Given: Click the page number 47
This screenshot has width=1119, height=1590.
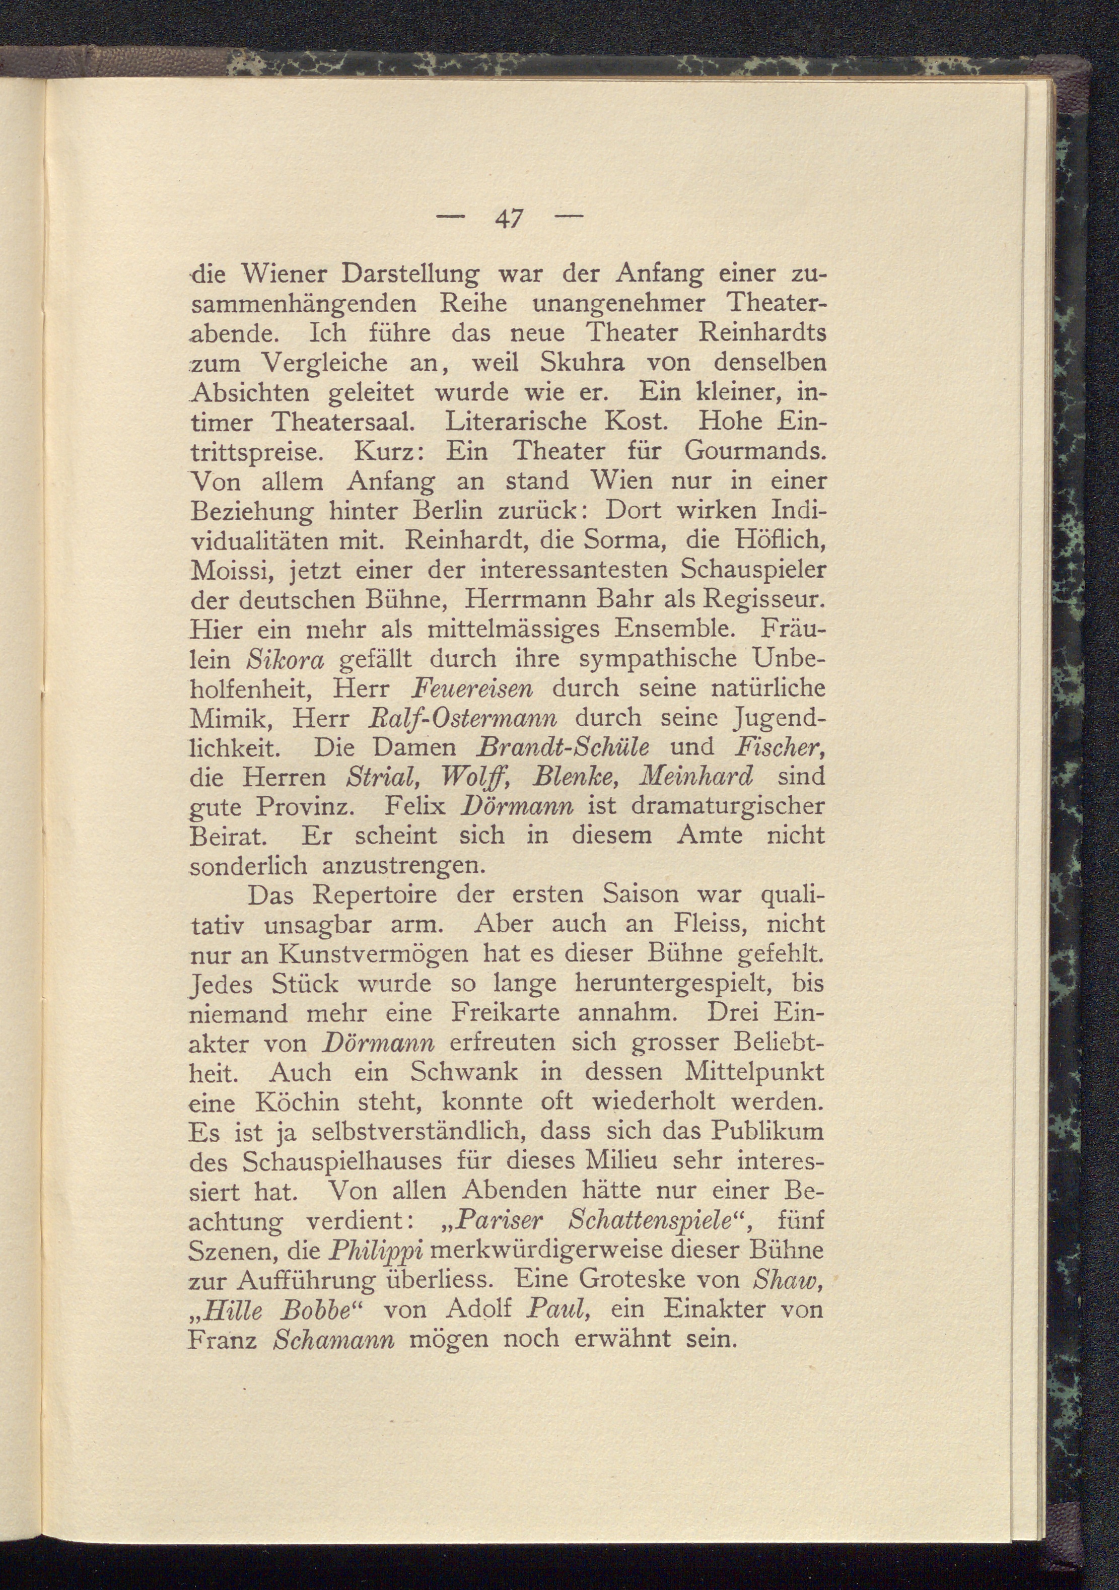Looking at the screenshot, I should pos(510,220).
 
